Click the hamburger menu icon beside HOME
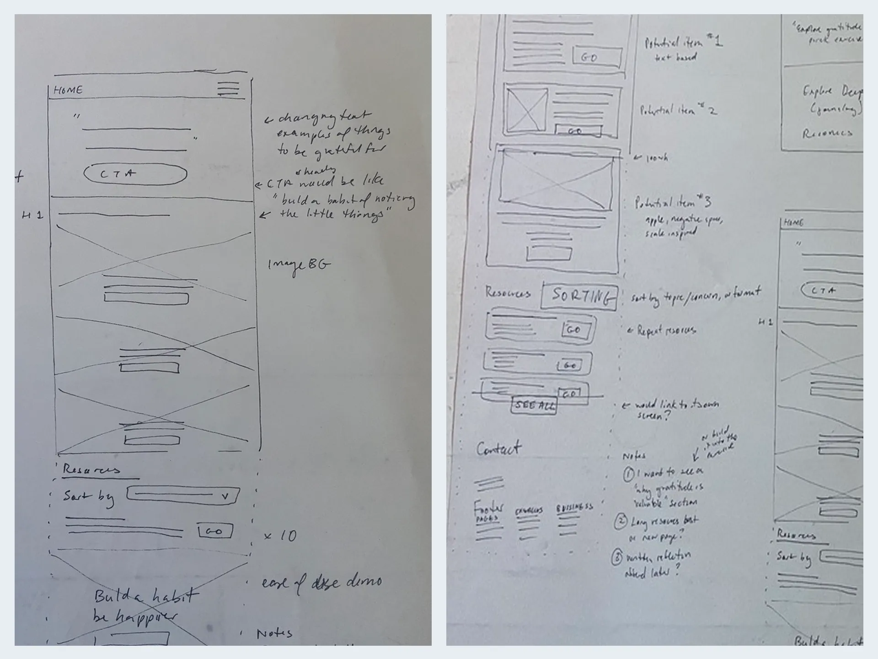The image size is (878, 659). [x=228, y=88]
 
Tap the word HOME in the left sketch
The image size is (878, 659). [x=68, y=90]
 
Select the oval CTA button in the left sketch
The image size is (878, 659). [x=135, y=174]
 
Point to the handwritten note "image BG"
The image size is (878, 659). [x=299, y=265]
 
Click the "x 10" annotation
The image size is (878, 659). [x=280, y=535]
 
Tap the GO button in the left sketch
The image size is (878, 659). [x=215, y=531]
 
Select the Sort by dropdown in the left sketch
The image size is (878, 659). [x=183, y=495]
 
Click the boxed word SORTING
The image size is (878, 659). [x=580, y=297]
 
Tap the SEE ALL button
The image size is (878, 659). [x=534, y=405]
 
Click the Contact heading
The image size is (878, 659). [x=498, y=448]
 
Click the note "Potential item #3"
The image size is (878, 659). [x=672, y=202]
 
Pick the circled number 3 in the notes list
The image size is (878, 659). [x=617, y=557]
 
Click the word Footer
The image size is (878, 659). [x=488, y=508]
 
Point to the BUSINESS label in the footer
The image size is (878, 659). [x=574, y=507]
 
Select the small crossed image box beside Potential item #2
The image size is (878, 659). [x=527, y=110]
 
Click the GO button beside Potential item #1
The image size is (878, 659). [x=596, y=57]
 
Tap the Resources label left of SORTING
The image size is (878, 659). [x=508, y=293]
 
